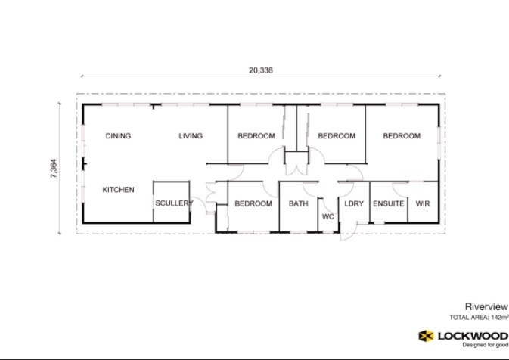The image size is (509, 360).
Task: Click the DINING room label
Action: (118, 136)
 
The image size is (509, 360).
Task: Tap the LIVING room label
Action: (191, 136)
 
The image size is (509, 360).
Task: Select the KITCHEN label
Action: (118, 190)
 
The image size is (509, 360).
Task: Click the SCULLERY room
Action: (174, 203)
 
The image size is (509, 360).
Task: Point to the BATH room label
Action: (297, 203)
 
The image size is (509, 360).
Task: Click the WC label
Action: (328, 216)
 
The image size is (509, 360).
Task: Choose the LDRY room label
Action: (354, 203)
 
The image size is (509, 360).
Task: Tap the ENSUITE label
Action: (389, 203)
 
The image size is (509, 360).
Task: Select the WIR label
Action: (423, 203)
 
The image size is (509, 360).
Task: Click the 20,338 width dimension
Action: (260, 70)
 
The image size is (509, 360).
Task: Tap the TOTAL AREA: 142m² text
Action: (478, 318)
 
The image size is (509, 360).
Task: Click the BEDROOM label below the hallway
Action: (253, 203)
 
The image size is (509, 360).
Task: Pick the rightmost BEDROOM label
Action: (402, 136)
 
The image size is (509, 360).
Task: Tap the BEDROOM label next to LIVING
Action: (256, 136)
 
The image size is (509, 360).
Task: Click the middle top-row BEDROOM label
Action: (337, 136)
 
